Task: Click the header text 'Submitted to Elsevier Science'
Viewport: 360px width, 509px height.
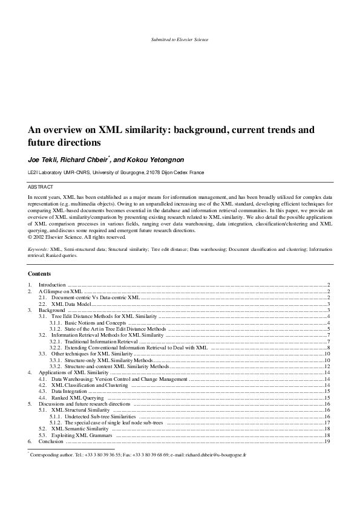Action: [180, 40]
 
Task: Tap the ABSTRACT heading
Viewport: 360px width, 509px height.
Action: [41, 187]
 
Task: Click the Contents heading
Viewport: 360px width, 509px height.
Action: [39, 274]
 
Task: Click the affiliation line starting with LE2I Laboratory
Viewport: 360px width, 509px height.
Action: [117, 172]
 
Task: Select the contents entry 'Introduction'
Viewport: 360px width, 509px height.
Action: [53, 284]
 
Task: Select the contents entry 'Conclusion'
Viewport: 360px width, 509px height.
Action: [51, 442]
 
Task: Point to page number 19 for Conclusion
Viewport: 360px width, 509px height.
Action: [327, 442]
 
